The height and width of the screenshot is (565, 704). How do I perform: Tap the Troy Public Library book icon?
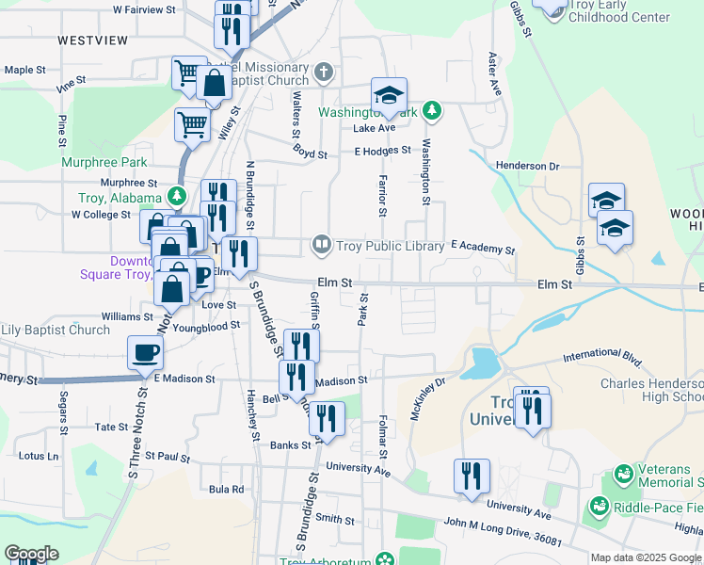point(322,246)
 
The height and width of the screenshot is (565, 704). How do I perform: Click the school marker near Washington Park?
point(389,95)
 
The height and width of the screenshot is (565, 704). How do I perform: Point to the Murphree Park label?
point(104,162)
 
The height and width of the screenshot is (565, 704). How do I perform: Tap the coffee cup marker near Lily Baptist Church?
point(145,353)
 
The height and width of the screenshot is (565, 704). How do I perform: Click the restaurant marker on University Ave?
point(472,476)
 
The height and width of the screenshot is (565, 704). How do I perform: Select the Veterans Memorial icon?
point(622,473)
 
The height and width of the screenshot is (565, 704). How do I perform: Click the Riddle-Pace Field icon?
point(596,508)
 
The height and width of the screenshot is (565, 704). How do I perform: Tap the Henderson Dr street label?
point(527,166)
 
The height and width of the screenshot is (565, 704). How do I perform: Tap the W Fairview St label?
point(144,9)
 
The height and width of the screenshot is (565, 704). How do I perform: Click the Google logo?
point(31,554)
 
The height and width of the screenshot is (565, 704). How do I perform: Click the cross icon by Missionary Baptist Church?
point(323,71)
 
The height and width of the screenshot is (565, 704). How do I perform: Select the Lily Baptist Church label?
point(56,330)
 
